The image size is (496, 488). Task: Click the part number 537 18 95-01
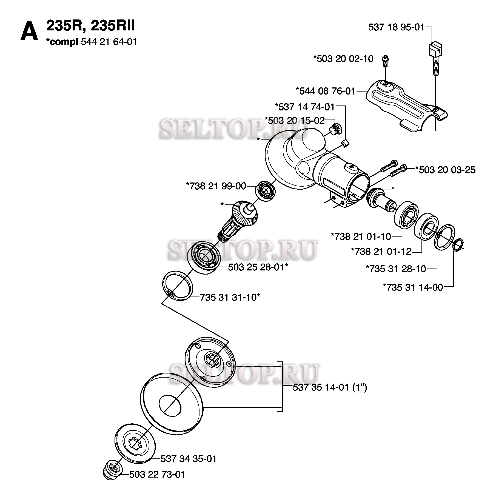(396, 27)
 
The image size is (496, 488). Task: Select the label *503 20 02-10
(343, 59)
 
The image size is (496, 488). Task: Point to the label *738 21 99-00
(216, 186)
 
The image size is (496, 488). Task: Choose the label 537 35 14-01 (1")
(330, 387)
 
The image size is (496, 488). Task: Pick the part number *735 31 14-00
(413, 287)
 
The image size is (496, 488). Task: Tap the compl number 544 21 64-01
(109, 42)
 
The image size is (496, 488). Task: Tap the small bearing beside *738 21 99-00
(265, 191)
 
